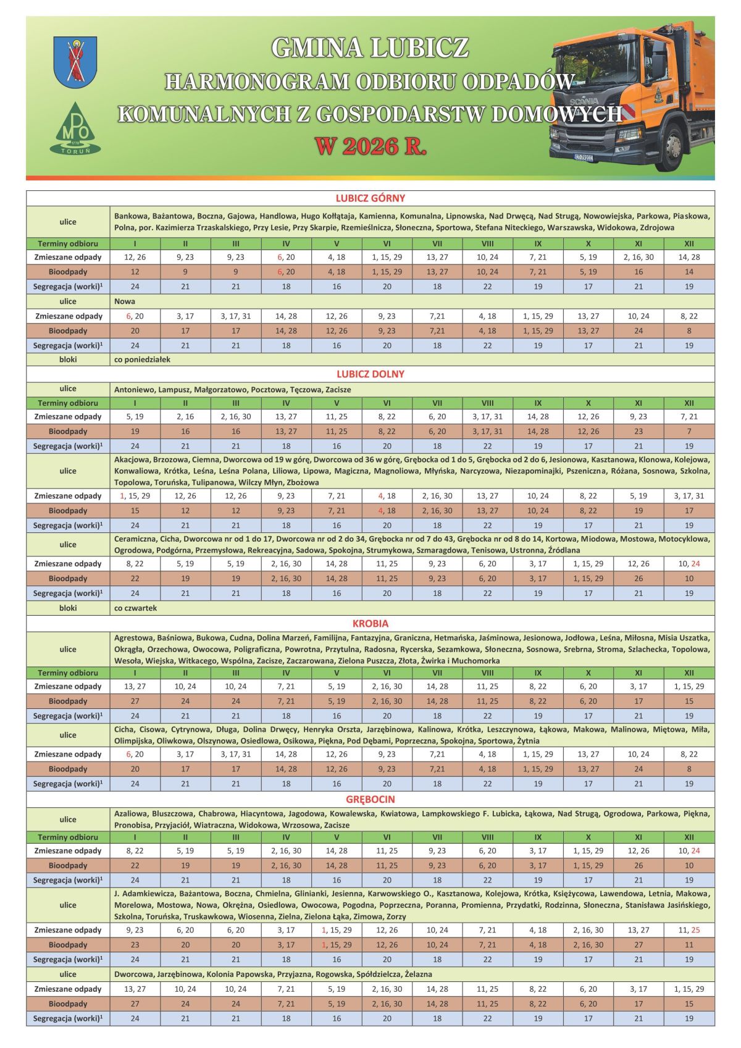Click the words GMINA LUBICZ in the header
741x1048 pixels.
tap(370, 48)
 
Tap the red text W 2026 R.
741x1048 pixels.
tap(371, 146)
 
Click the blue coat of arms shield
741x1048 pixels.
tap(75, 62)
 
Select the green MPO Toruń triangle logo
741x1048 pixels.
tap(75, 129)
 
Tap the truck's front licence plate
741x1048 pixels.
tap(584, 157)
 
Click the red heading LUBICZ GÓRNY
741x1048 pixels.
tap(370, 198)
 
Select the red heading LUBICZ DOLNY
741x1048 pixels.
tap(370, 374)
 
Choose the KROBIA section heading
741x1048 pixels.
tap(370, 624)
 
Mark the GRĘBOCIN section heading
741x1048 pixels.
tap(370, 799)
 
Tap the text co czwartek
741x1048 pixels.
tap(136, 608)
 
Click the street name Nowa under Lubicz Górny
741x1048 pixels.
tap(125, 301)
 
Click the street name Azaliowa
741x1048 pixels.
tap(131, 813)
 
